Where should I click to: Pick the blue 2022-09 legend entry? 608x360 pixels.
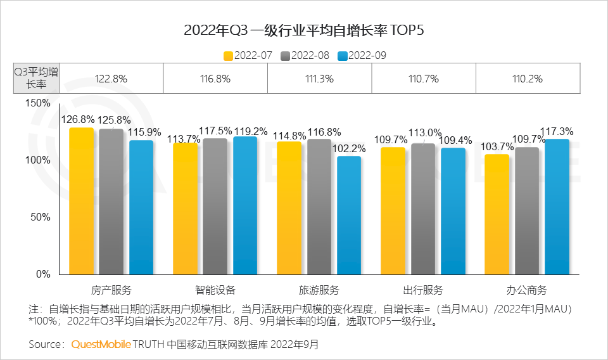[x=362, y=55]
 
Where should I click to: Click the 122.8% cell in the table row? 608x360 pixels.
[x=111, y=79]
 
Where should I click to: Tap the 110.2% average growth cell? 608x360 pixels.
[x=527, y=79]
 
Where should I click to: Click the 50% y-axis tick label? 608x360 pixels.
[x=40, y=217]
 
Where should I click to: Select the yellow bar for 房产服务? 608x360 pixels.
[x=81, y=201]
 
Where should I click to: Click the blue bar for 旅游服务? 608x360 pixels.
[x=349, y=215]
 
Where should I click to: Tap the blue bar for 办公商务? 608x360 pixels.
[x=557, y=207]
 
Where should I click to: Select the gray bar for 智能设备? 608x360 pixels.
[x=215, y=207]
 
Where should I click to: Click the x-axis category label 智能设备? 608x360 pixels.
[x=215, y=290]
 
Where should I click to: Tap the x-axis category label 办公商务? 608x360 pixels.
[x=526, y=290]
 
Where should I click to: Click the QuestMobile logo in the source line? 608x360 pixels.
[x=101, y=345]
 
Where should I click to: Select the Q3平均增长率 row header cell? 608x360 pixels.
[x=37, y=79]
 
